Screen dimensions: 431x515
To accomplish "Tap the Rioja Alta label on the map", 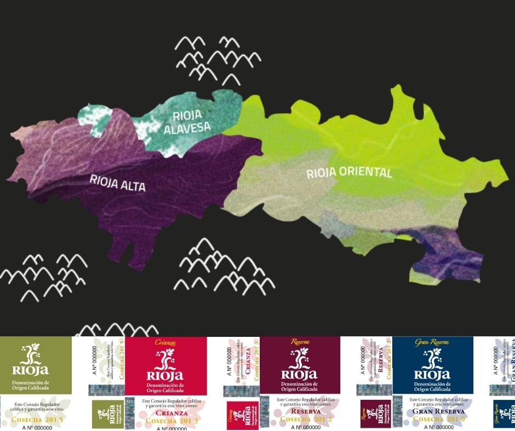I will point(118,183).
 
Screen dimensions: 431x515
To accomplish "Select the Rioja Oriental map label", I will point(349,173).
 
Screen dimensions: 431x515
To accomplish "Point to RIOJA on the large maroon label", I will point(299,374).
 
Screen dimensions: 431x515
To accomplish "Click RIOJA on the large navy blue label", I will point(432,374).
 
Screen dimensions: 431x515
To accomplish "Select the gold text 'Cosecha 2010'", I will point(438,420).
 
